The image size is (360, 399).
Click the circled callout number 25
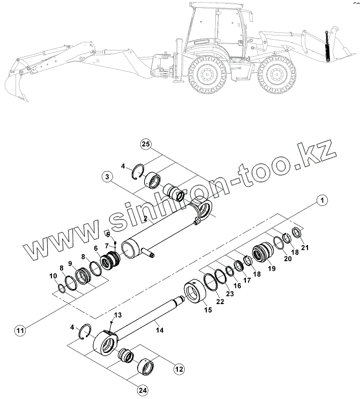point(145,144)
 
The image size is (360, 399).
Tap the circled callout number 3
point(107,176)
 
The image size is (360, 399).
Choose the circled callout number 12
point(178,369)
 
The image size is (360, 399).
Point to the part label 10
point(53,276)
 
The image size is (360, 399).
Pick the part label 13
point(118,314)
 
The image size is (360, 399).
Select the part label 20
point(287,258)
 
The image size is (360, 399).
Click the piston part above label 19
point(263,251)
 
